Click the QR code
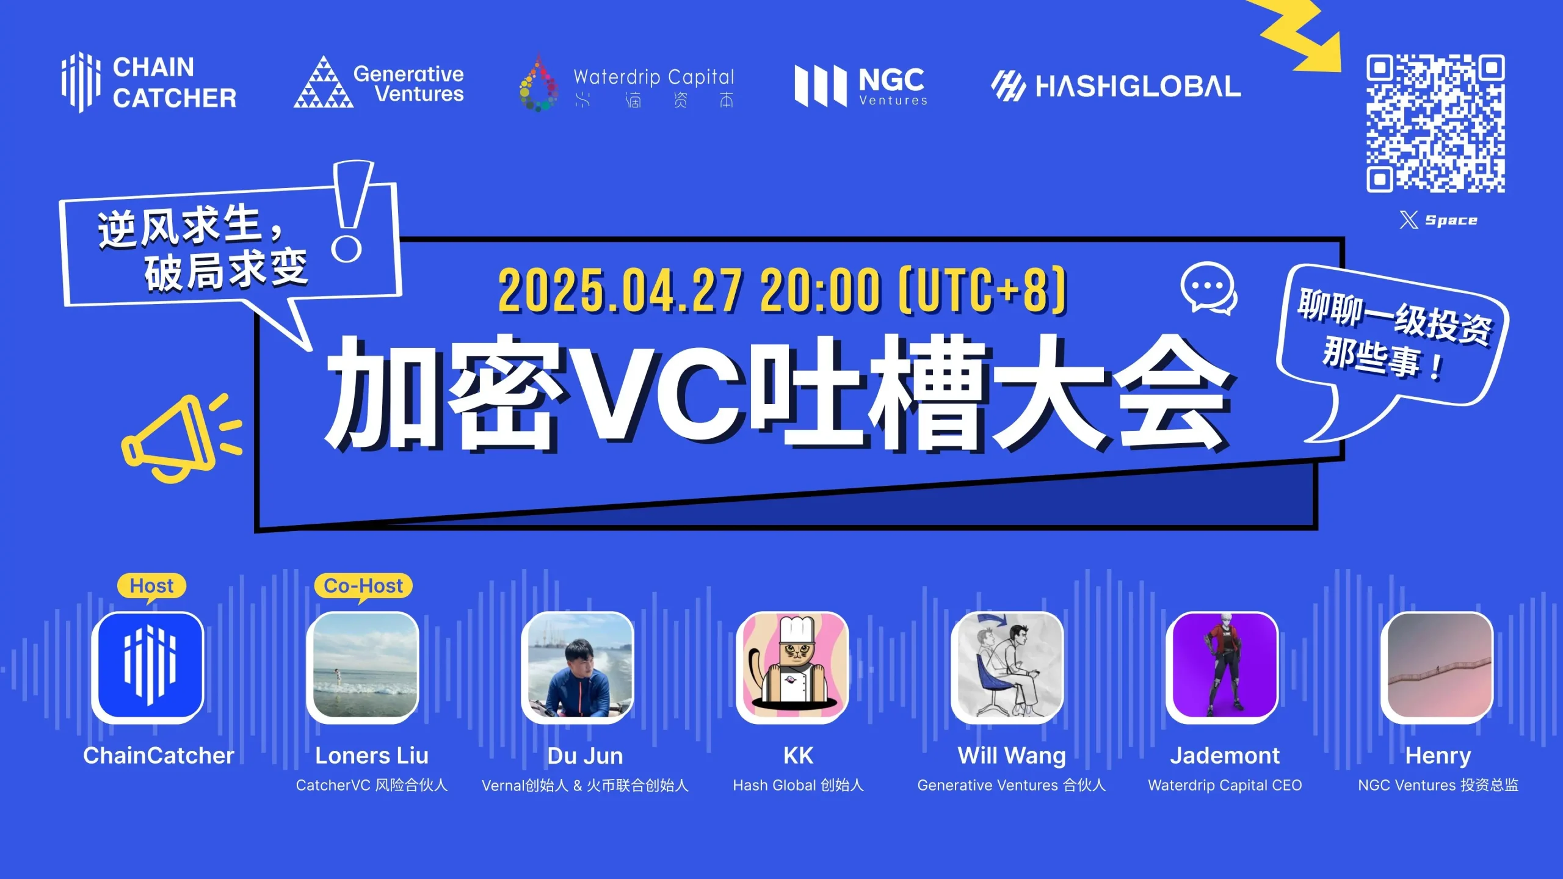(1435, 123)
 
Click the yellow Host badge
(151, 586)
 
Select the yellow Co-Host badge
(363, 586)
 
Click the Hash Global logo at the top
(1116, 85)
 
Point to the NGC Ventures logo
(861, 86)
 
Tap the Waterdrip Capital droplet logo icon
(538, 85)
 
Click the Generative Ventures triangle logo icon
(324, 84)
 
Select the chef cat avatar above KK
(792, 667)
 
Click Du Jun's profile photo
(578, 667)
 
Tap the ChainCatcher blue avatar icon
(148, 667)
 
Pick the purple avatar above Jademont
(1223, 667)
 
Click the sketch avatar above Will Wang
(1007, 667)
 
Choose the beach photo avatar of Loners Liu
(363, 667)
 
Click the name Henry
(1438, 756)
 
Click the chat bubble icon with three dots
(1208, 289)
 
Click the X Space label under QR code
(1438, 220)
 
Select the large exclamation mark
(350, 211)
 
